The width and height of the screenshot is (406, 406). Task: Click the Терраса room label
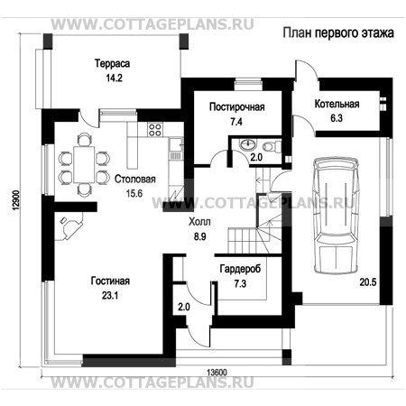(x=112, y=63)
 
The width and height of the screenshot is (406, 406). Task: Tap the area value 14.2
(x=114, y=78)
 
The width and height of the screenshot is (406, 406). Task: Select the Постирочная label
(x=237, y=107)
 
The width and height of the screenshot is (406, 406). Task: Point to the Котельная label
(x=337, y=104)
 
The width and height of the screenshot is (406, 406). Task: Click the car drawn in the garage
(x=336, y=216)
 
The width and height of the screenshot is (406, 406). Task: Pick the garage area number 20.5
(x=368, y=282)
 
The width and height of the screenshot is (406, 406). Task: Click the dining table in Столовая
(x=84, y=164)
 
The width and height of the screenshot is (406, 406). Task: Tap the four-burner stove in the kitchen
(x=155, y=130)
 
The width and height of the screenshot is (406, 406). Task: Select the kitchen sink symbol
(x=176, y=144)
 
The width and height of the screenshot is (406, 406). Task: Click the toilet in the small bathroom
(x=272, y=146)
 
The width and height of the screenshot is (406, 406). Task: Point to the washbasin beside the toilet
(x=248, y=144)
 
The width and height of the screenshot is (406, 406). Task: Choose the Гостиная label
(x=110, y=281)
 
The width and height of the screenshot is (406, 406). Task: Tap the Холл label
(x=199, y=222)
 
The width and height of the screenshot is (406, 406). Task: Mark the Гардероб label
(x=240, y=269)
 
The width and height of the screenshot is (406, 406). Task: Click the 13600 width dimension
(x=217, y=373)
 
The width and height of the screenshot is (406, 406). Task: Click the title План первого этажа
(x=338, y=32)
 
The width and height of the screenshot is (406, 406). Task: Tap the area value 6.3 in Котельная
(x=337, y=118)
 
